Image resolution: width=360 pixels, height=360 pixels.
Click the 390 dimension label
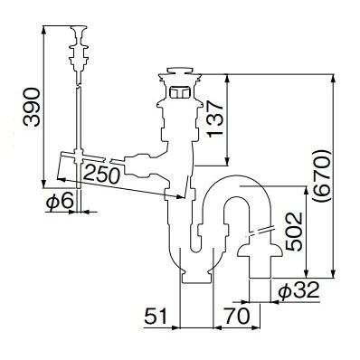point(32,107)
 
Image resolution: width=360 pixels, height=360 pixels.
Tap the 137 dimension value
point(215,119)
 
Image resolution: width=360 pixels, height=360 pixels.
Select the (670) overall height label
point(322,175)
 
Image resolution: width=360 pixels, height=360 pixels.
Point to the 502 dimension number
point(294,232)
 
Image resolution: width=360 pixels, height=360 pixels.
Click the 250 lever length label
point(101,175)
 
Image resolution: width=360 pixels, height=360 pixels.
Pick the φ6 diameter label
point(60,201)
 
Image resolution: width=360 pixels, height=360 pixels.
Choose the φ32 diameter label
point(298,290)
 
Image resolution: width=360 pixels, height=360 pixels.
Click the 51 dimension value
point(156,317)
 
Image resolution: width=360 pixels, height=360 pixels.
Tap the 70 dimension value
point(237,317)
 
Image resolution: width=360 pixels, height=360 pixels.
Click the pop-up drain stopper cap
point(180,71)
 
